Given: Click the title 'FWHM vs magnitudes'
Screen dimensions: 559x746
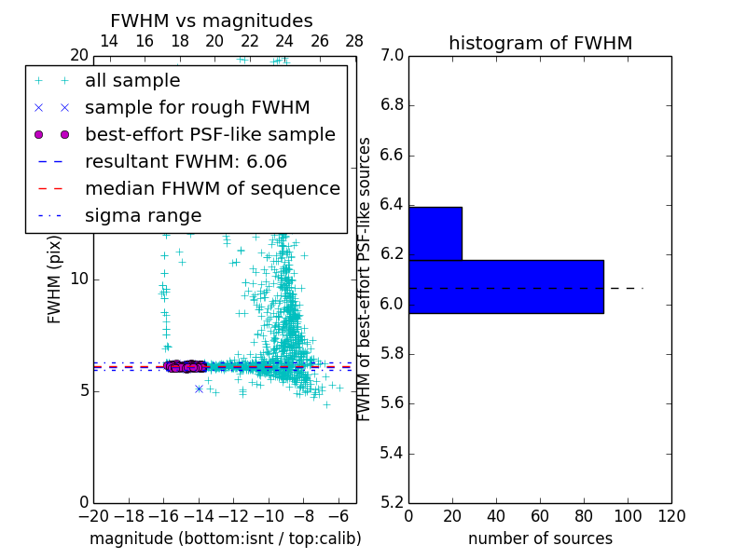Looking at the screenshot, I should coord(211,21).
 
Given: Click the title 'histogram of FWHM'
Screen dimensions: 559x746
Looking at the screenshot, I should coord(540,43).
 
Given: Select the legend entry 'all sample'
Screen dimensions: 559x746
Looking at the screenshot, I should coord(132,81).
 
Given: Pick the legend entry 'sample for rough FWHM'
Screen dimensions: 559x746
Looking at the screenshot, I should coord(197,107).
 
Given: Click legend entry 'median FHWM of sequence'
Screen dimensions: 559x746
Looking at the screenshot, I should coord(212,188).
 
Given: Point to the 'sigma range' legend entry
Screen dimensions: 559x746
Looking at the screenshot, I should coord(143,215).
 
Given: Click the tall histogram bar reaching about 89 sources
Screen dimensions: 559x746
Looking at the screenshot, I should coord(505,286).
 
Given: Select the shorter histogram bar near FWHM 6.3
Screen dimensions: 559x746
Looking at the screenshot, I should coord(435,233).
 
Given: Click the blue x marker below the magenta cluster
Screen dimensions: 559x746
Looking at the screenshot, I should coord(199,389).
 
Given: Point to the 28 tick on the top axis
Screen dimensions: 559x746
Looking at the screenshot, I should coord(354,41).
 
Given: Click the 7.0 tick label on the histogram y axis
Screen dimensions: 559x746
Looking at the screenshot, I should coord(391,56).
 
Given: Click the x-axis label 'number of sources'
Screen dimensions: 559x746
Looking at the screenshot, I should coord(540,539).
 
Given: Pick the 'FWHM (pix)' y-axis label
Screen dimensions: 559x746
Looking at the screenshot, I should coord(55,280).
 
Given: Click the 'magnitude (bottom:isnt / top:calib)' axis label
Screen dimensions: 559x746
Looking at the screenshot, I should coord(225,539).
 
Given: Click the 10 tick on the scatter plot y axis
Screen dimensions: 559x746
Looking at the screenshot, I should coord(79,279).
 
